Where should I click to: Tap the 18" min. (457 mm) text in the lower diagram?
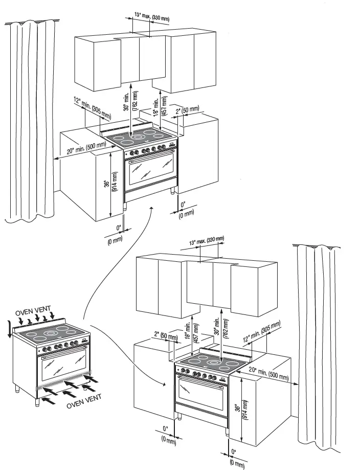pyautogui.click(x=190, y=332)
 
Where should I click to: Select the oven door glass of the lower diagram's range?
pyautogui.click(x=201, y=394)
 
